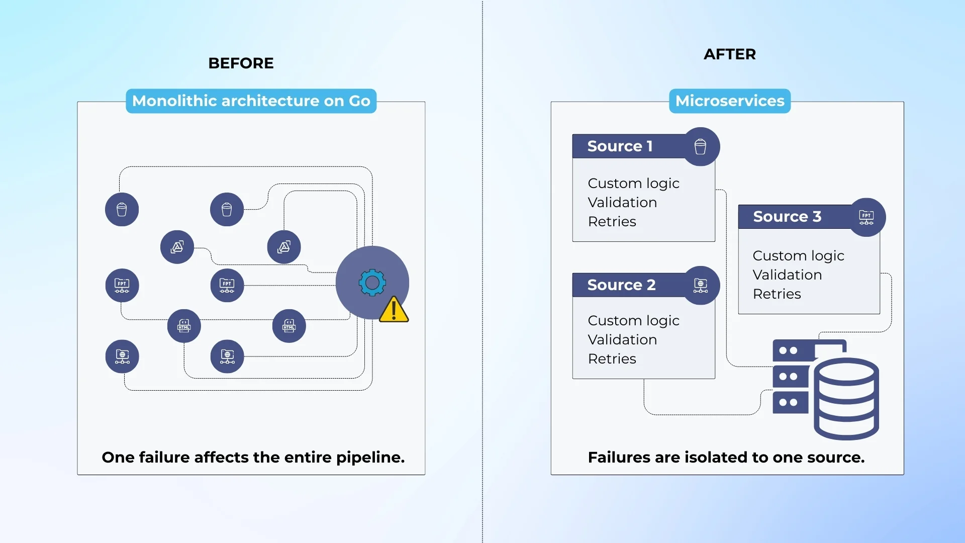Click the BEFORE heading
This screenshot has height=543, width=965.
(x=241, y=63)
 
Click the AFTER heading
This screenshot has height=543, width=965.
(x=729, y=54)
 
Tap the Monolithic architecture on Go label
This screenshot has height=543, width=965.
(x=251, y=101)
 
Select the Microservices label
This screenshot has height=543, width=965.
(x=729, y=101)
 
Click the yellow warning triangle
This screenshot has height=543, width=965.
(x=394, y=310)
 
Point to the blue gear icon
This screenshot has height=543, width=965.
(x=372, y=283)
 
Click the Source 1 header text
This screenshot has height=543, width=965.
(x=620, y=146)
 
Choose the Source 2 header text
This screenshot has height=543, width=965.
(x=621, y=285)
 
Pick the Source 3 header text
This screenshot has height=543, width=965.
(x=787, y=217)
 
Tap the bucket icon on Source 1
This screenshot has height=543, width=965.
(x=700, y=147)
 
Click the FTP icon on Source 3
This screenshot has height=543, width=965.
(x=866, y=217)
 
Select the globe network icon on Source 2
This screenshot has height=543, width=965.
(x=700, y=286)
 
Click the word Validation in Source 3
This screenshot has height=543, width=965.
(x=787, y=275)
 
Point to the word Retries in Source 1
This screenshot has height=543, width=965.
(x=612, y=222)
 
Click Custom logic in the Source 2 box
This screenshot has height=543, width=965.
(x=633, y=321)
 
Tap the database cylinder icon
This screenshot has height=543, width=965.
(x=846, y=398)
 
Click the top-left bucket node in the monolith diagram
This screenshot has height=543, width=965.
(x=122, y=210)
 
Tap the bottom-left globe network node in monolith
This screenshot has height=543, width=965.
(x=122, y=356)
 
